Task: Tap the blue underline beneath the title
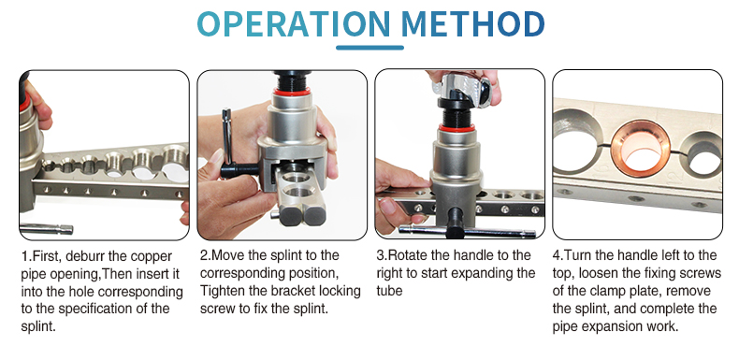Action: pyautogui.click(x=370, y=47)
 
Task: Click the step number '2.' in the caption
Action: pyautogui.click(x=204, y=255)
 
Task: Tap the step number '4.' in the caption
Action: pyautogui.click(x=558, y=255)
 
